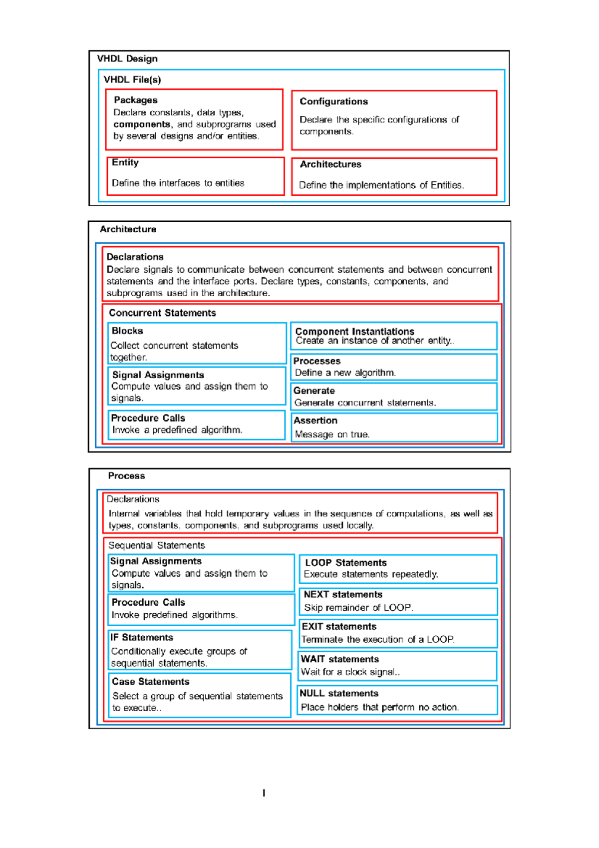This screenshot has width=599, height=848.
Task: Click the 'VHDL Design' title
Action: [x=127, y=59]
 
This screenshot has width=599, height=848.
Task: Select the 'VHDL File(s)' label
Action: [x=132, y=80]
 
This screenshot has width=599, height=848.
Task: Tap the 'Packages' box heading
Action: [x=136, y=100]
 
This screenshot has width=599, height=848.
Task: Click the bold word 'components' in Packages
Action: [x=142, y=124]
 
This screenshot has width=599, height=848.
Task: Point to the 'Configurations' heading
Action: [x=333, y=101]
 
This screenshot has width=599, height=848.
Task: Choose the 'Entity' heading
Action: [x=125, y=163]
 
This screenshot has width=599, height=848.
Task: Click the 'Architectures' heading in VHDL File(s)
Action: [x=330, y=164]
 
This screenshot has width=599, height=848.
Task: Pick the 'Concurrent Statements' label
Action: [x=162, y=313]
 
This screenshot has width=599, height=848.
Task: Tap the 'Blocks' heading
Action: [x=127, y=331]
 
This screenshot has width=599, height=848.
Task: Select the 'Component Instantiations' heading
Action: [x=354, y=332]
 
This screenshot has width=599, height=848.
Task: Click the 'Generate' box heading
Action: [x=314, y=391]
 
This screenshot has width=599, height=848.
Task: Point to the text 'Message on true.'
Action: [x=332, y=434]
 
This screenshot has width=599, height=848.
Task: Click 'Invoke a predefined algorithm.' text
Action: [x=177, y=430]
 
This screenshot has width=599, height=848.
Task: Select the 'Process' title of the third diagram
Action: [x=126, y=476]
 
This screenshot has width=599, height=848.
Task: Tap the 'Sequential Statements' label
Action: [x=156, y=545]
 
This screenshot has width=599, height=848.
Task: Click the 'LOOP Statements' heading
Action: [x=345, y=563]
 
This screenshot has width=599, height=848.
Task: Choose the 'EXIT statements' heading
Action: [x=339, y=627]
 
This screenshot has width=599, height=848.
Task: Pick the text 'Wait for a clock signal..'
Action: [x=350, y=672]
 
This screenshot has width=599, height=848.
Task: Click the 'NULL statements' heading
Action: [x=339, y=694]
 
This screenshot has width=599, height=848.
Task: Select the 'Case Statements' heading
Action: [x=150, y=682]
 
